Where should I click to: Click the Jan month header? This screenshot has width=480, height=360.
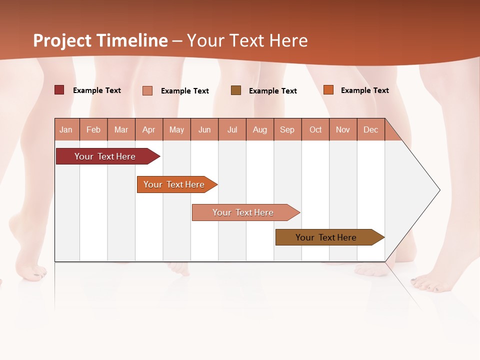tap(66, 129)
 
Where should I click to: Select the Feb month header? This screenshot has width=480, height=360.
tap(93, 129)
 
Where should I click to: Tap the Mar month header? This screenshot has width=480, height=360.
tap(121, 129)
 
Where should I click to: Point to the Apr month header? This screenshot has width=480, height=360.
tap(149, 129)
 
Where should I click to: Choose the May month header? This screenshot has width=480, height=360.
tap(176, 129)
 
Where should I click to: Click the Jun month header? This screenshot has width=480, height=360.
tap(204, 129)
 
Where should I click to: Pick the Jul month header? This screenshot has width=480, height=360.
tap(232, 129)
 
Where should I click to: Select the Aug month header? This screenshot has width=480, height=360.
tap(260, 129)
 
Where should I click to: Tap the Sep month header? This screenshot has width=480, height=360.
tap(287, 129)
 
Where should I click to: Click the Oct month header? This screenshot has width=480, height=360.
tap(315, 129)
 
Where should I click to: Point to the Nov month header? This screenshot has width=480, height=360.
tap(343, 129)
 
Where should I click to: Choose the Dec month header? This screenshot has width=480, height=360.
tap(370, 129)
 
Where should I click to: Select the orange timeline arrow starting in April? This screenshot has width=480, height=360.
tap(175, 184)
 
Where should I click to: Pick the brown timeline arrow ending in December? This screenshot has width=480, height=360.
tap(327, 237)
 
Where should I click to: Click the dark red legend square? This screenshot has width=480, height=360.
tap(59, 90)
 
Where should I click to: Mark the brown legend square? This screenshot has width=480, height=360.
tap(236, 90)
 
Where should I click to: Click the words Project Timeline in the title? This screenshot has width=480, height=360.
tap(100, 40)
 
